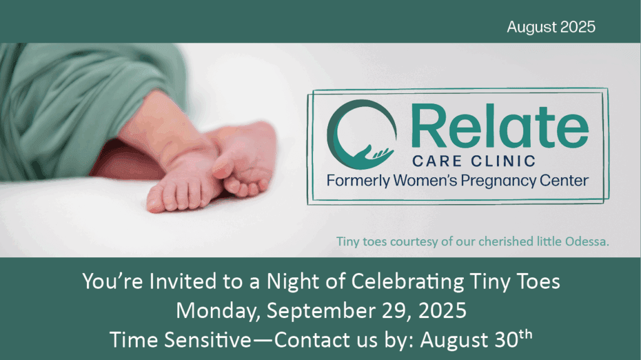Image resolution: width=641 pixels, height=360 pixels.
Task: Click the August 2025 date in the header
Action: click(551, 27)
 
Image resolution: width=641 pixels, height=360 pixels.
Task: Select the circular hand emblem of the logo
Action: click(361, 134)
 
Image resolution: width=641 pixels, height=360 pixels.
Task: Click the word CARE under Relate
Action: click(437, 161)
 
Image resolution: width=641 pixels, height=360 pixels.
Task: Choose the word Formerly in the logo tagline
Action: click(357, 181)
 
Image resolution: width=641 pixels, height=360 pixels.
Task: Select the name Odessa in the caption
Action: click(587, 242)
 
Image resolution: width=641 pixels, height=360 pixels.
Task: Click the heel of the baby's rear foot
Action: click(262, 136)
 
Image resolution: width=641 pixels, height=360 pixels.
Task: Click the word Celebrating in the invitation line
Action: click(408, 282)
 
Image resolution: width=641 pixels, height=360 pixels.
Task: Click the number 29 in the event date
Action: click(394, 311)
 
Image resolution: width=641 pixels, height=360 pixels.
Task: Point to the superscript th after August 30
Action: click(526, 335)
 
